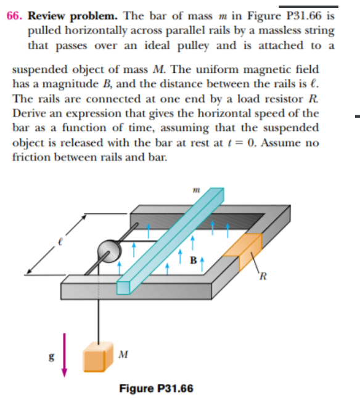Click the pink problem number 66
(14, 16)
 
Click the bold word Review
(46, 16)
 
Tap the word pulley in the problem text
(193, 46)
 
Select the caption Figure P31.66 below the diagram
(156, 388)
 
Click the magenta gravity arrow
(64, 355)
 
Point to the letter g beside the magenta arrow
(52, 357)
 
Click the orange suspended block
(98, 357)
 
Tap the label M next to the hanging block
(123, 354)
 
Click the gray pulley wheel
(109, 251)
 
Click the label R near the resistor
(263, 276)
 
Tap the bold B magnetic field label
(194, 260)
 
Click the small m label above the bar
(197, 190)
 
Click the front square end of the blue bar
(123, 287)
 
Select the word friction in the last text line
(31, 157)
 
